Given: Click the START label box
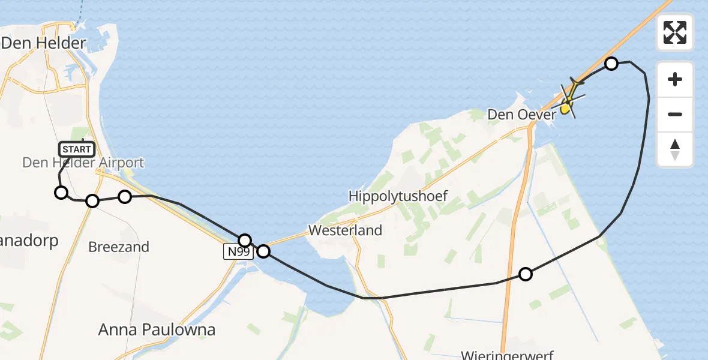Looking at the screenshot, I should (77, 149).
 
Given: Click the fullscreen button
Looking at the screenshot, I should (675, 32).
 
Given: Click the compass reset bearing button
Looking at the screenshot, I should (675, 149).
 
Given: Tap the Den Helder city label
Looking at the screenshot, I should (44, 43).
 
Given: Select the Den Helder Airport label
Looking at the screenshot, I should (83, 163).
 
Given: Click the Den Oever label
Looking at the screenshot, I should (517, 114).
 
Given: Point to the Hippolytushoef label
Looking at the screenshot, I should (398, 196).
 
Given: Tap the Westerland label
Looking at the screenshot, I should (345, 230).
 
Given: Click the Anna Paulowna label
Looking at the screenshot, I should (156, 329).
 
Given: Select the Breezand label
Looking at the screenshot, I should (119, 247).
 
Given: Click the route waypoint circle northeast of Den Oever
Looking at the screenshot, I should (611, 64).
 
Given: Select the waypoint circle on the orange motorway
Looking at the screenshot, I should (525, 274).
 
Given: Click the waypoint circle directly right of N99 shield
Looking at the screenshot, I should (263, 252).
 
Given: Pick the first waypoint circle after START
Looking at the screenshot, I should (61, 193).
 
